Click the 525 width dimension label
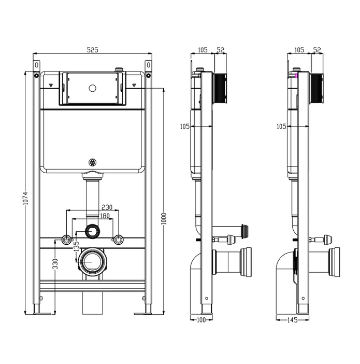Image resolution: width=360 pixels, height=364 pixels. tap(92, 50)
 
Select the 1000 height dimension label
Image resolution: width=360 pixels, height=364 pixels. tap(163, 218)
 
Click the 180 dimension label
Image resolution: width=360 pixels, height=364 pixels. tap(106, 216)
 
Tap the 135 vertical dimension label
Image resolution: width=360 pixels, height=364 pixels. tap(76, 244)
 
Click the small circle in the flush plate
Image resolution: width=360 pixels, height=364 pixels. tap(92, 88)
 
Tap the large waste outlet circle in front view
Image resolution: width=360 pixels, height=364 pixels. tap(92, 262)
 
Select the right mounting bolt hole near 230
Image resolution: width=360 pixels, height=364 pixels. tap(119, 240)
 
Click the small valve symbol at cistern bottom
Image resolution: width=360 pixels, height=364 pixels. tap(92, 162)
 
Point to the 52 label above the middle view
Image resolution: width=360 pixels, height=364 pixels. tap(220, 50)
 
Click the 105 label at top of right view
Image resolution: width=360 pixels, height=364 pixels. tap(299, 50)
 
